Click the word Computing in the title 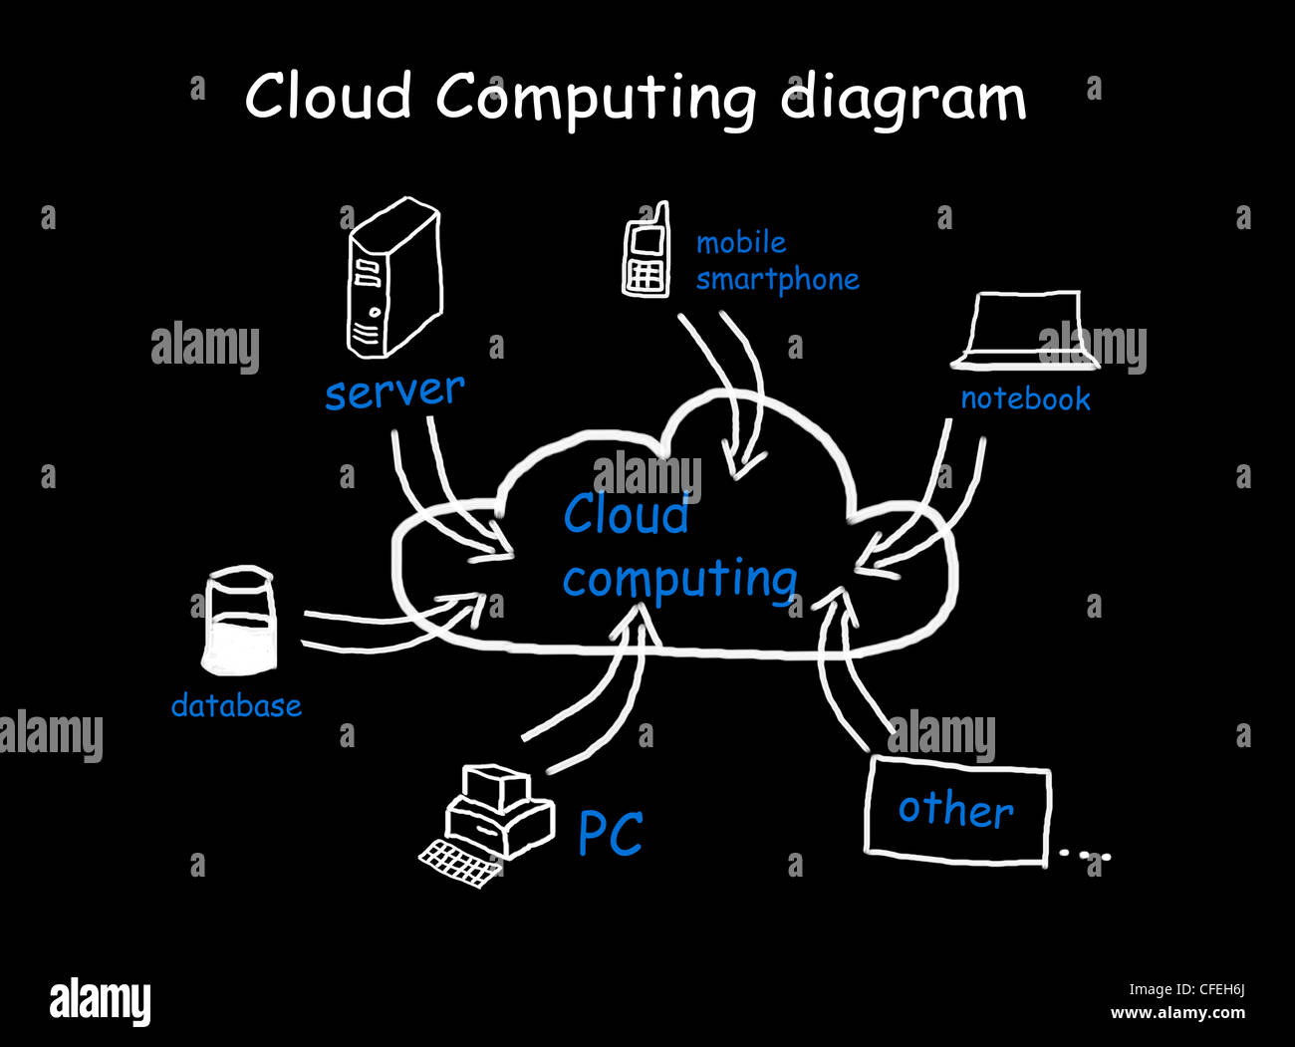(595, 99)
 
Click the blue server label (394, 391)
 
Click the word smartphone (777, 280)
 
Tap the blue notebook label (1025, 399)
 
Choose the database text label (236, 706)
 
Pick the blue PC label (611, 833)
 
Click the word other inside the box (955, 810)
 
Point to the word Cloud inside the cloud (626, 515)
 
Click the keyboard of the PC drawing (459, 862)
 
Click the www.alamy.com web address (1177, 1013)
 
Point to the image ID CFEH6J (1212, 989)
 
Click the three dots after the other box (1084, 854)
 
